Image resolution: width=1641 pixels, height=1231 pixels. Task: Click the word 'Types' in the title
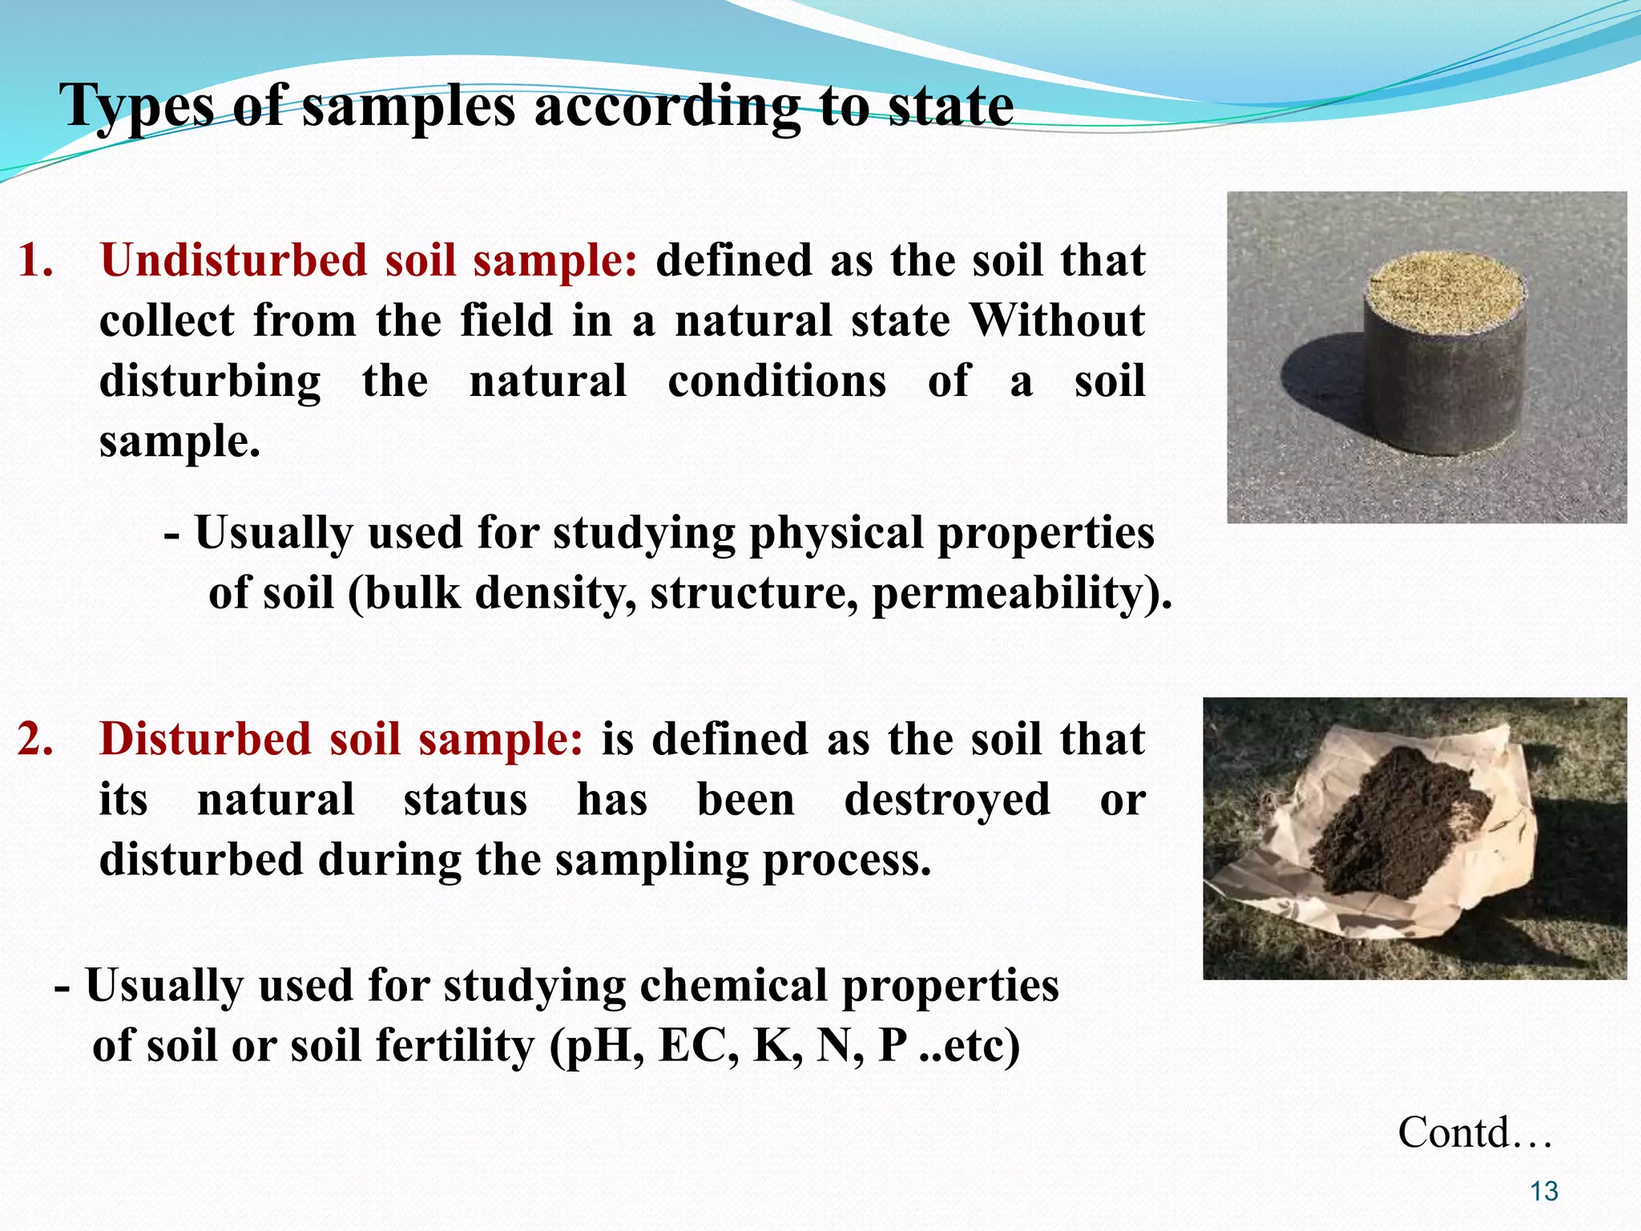click(x=136, y=107)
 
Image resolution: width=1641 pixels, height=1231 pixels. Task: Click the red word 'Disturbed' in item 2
click(x=205, y=739)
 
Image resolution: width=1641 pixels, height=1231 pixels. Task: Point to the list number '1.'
click(x=36, y=261)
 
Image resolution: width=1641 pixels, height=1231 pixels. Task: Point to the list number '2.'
click(x=36, y=739)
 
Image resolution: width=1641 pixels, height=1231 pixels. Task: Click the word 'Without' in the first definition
click(x=1057, y=321)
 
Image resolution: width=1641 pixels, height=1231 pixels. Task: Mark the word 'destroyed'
click(x=947, y=800)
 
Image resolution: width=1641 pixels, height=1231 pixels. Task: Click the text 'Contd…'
click(x=1475, y=1132)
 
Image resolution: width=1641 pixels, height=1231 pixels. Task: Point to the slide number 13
click(x=1543, y=1192)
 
